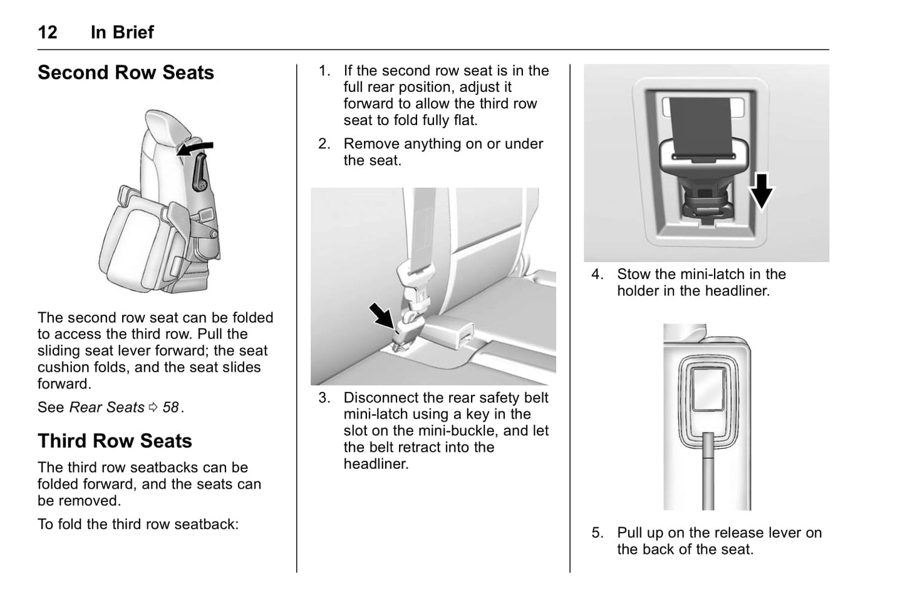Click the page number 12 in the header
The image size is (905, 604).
48,32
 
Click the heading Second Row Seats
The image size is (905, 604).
125,73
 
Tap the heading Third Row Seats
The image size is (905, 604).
115,441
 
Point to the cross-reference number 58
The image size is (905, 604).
170,407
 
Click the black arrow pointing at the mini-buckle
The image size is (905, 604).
381,315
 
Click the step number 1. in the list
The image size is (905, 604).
324,71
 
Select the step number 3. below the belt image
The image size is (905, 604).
324,398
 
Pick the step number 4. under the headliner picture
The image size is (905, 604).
597,274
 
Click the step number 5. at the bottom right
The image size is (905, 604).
597,533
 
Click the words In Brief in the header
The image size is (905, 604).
122,32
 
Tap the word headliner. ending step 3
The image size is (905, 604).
376,464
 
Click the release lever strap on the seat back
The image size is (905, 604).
708,469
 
